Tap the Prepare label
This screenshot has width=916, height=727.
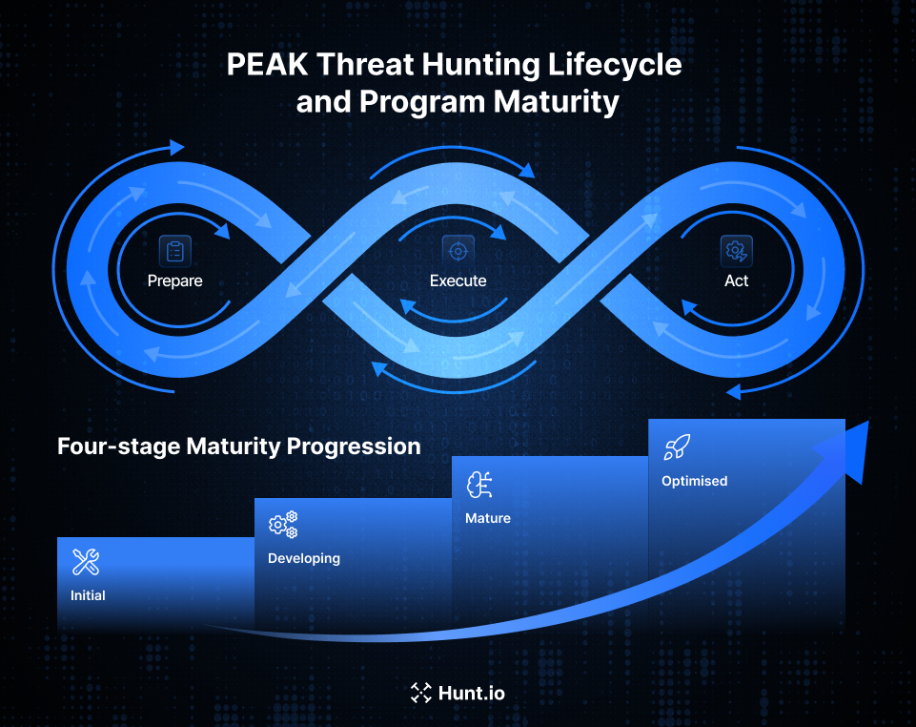pyautogui.click(x=174, y=280)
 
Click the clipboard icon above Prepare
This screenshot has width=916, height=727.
pyautogui.click(x=174, y=251)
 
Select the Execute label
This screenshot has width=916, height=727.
pyautogui.click(x=458, y=280)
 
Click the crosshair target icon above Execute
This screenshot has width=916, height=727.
pyautogui.click(x=458, y=251)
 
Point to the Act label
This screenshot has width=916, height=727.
pyautogui.click(x=736, y=280)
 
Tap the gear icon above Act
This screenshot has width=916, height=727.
pyautogui.click(x=736, y=251)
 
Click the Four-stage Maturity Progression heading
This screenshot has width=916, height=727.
pyautogui.click(x=238, y=446)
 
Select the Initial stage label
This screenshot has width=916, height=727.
pyautogui.click(x=88, y=595)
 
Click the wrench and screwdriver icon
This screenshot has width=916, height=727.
pyautogui.click(x=87, y=562)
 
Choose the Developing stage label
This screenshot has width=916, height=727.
pyautogui.click(x=303, y=558)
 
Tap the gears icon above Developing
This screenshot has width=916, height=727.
pyautogui.click(x=283, y=525)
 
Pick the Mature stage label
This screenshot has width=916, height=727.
pyautogui.click(x=487, y=518)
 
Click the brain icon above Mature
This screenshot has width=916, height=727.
pyautogui.click(x=479, y=485)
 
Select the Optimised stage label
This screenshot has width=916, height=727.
pyautogui.click(x=694, y=481)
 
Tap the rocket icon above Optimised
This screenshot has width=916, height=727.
pyautogui.click(x=677, y=447)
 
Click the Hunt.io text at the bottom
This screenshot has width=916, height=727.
pyautogui.click(x=471, y=693)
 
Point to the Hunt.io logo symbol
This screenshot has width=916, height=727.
pyautogui.click(x=420, y=693)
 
